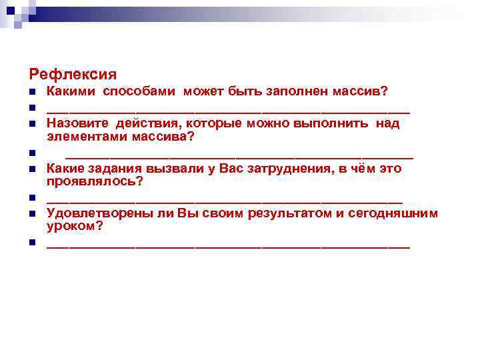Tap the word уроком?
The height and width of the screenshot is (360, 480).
(75, 226)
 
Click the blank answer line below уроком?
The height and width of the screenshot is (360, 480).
(228, 246)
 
